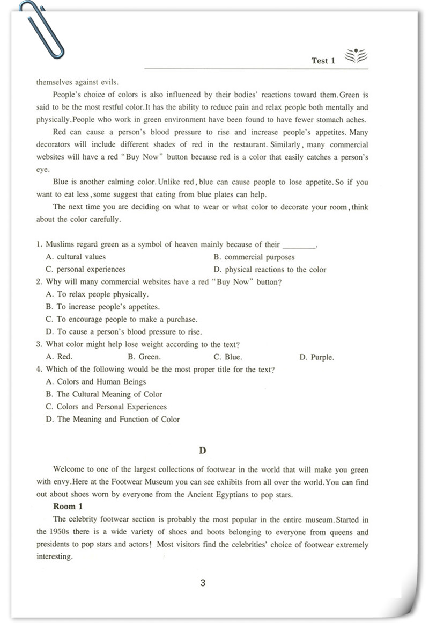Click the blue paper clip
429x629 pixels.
[x=41, y=30]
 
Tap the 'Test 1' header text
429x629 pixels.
[x=323, y=61]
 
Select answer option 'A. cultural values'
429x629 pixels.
[x=76, y=257]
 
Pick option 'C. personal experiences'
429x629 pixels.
[x=85, y=269]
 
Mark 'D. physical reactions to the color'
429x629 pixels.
[x=269, y=270]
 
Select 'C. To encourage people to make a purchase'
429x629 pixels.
[x=122, y=319]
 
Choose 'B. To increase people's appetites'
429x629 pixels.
[x=103, y=307]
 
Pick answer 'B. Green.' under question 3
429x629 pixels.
[x=144, y=357]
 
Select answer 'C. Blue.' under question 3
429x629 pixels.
[x=227, y=357]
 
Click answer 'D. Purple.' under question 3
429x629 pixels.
[x=316, y=357]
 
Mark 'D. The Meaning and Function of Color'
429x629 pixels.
[x=113, y=419]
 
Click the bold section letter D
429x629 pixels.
[x=202, y=450]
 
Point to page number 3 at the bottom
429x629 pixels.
[x=203, y=583]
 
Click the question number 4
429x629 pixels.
[x=39, y=369]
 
